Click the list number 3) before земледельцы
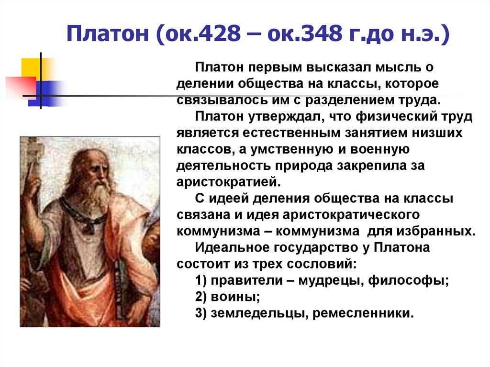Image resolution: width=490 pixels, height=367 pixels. point(201,313)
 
